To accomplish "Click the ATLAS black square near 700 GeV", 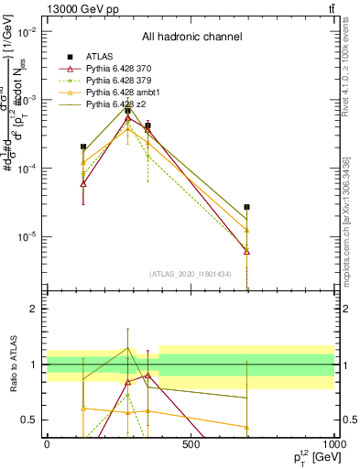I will (246, 207).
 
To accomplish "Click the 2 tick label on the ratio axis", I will (33, 310).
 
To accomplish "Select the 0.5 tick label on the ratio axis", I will (29, 420).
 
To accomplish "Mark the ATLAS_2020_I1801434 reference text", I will (191, 274).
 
